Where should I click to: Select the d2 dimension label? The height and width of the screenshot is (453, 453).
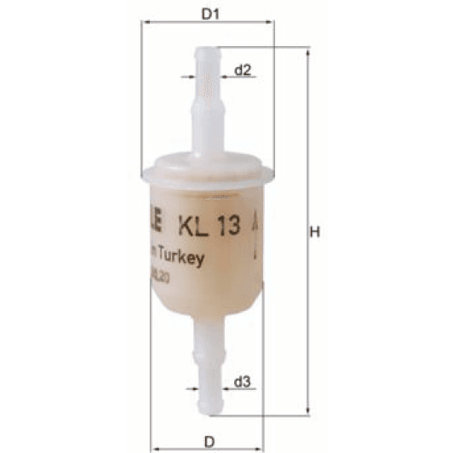click(x=243, y=71)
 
